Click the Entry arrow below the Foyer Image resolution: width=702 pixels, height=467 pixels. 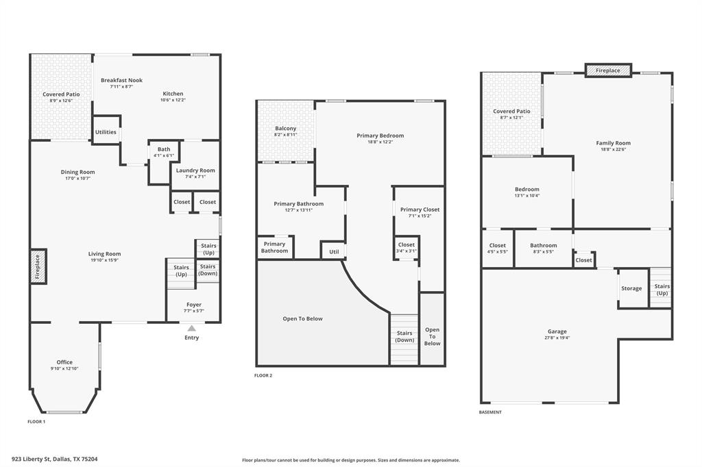pos(191,329)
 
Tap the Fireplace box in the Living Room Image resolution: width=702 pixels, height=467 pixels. pos(38,266)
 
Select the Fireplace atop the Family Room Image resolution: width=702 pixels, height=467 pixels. pos(607,71)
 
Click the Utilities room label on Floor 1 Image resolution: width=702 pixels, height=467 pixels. pos(106,132)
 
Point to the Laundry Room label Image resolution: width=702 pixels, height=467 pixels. pos(195,171)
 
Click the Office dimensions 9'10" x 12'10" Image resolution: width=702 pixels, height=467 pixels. pos(64,368)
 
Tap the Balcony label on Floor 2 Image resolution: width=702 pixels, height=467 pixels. pos(286,129)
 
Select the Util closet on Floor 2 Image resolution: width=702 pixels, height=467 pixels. pos(334,251)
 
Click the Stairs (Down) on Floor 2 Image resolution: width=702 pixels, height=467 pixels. pos(404,337)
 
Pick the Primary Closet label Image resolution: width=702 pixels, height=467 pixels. pos(420,210)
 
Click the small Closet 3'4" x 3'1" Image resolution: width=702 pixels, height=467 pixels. pos(407,247)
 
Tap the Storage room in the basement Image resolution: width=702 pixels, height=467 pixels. pos(631,288)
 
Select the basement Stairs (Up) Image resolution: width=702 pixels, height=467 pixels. pos(662,290)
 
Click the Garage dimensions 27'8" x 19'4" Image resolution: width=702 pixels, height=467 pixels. pos(557,337)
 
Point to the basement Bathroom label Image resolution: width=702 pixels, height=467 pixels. pos(543,245)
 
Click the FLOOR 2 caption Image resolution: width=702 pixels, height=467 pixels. pos(263,375)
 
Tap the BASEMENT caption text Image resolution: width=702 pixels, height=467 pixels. pos(490,412)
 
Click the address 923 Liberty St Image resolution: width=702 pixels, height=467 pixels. pos(55,459)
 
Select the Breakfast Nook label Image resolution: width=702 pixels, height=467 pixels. pos(121,80)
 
